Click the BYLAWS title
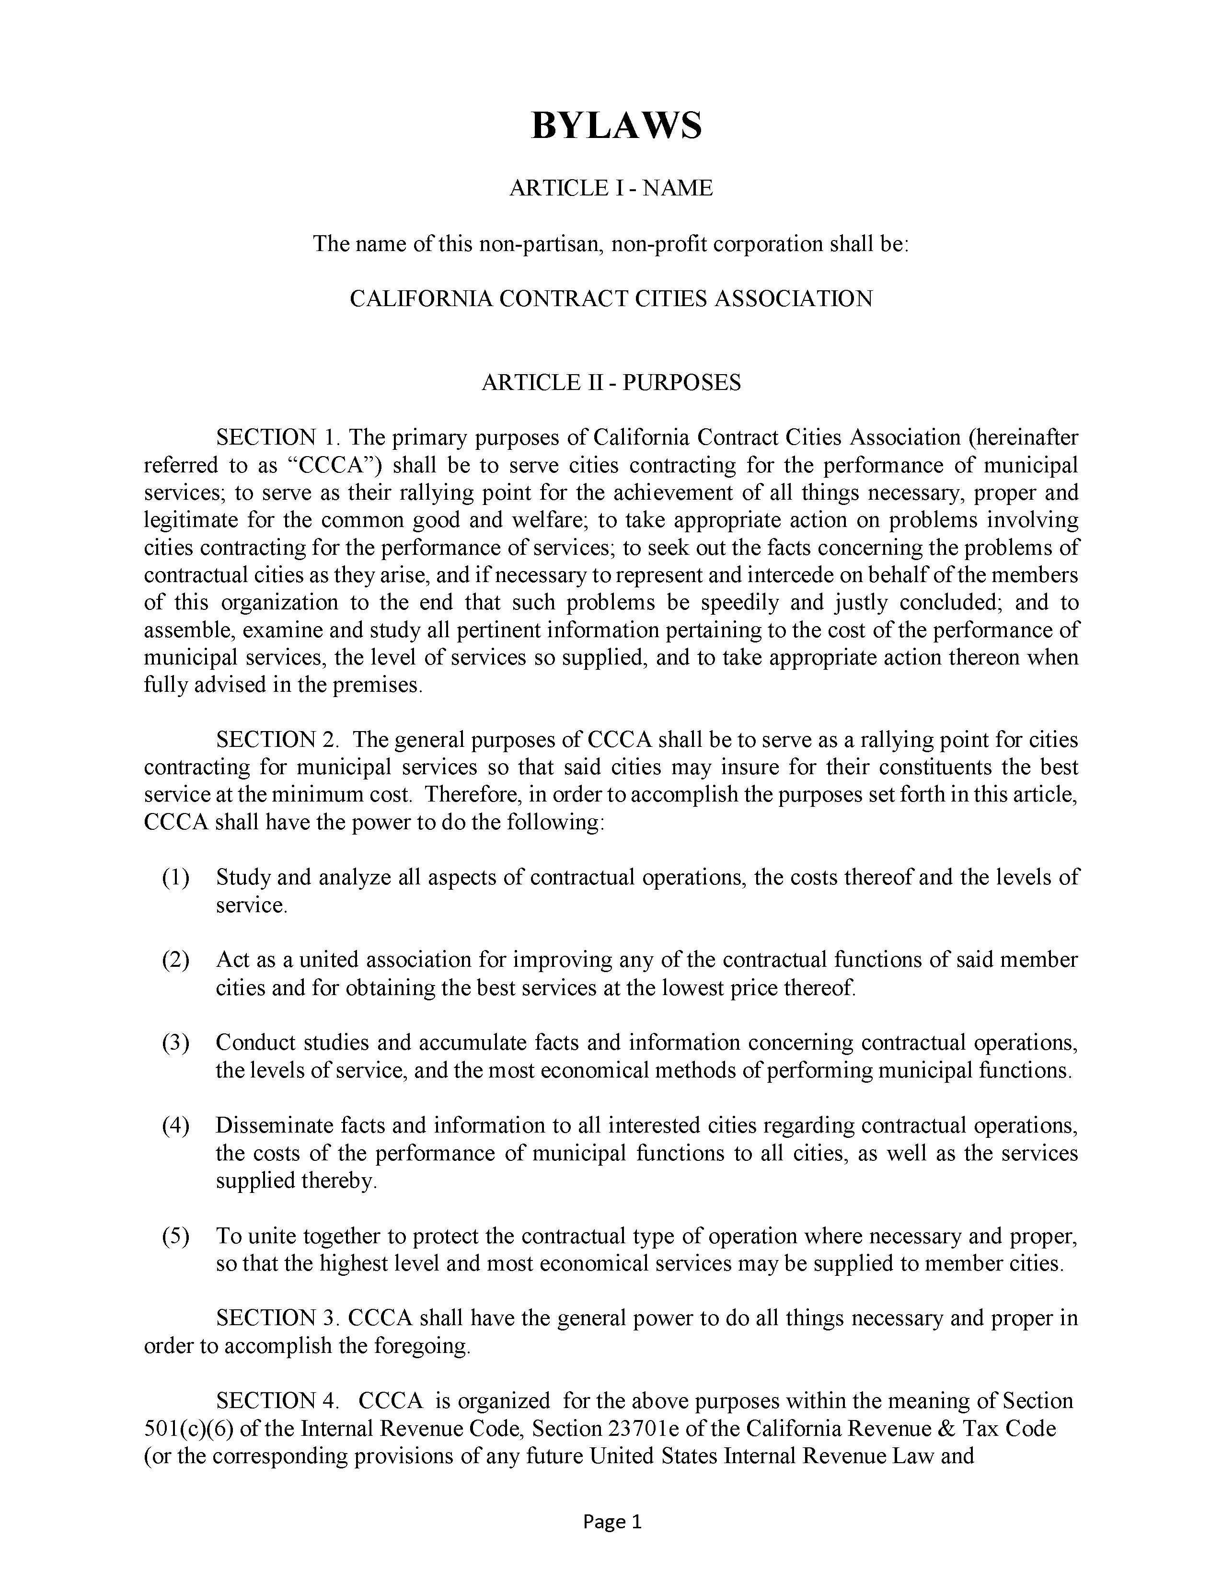[616, 125]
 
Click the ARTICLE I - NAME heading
[611, 188]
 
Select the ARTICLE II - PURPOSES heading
[611, 382]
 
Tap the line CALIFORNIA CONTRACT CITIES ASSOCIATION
[611, 298]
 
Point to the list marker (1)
[175, 877]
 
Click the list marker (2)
[175, 960]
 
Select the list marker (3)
[175, 1043]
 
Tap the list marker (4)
[175, 1126]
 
